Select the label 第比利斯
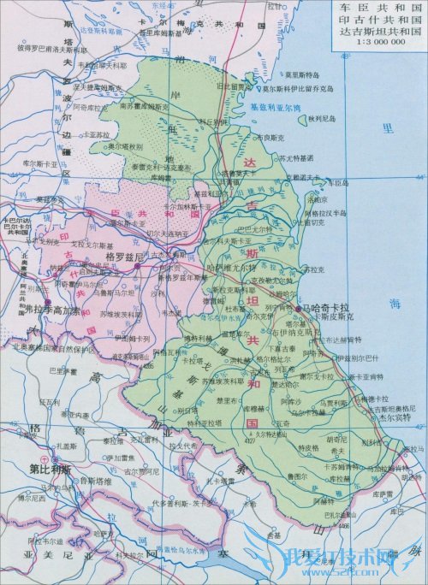tap(49, 469)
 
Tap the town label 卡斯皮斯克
tap(318, 316)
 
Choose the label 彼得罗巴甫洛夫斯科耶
tap(43, 48)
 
